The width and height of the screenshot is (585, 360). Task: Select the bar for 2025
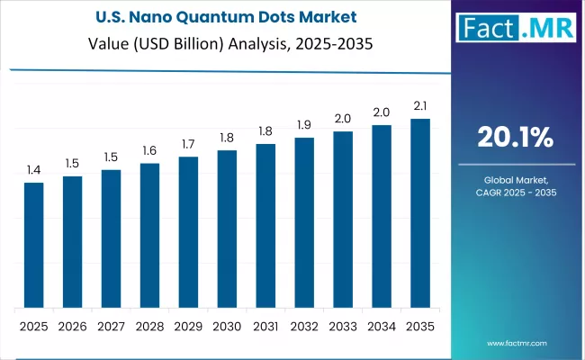point(33,243)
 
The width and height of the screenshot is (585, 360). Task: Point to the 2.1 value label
point(420,106)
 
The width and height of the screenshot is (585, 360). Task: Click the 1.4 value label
point(33,169)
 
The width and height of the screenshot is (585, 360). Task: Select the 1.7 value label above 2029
point(188,144)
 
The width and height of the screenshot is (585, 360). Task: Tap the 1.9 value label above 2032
point(304,124)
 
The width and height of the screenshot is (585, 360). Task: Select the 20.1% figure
point(515,138)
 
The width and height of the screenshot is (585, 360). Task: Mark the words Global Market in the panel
point(515,179)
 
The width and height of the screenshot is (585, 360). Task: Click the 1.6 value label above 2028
point(149,150)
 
